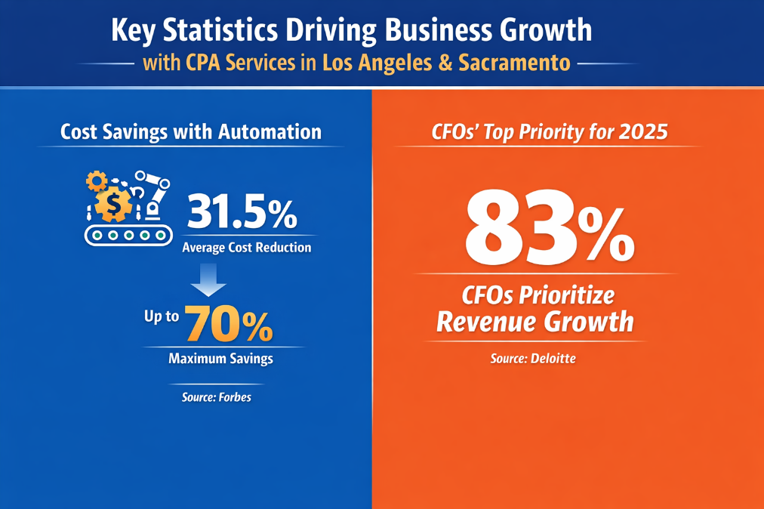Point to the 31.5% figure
pyautogui.click(x=242, y=212)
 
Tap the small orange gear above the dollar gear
pyautogui.click(x=97, y=180)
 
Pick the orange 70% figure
pyautogui.click(x=229, y=324)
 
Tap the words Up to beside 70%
pyautogui.click(x=162, y=316)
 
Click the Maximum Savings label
pyautogui.click(x=220, y=359)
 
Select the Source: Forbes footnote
pyautogui.click(x=217, y=396)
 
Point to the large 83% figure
pyautogui.click(x=548, y=227)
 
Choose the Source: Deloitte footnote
pyautogui.click(x=533, y=359)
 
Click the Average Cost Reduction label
pyautogui.click(x=247, y=248)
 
